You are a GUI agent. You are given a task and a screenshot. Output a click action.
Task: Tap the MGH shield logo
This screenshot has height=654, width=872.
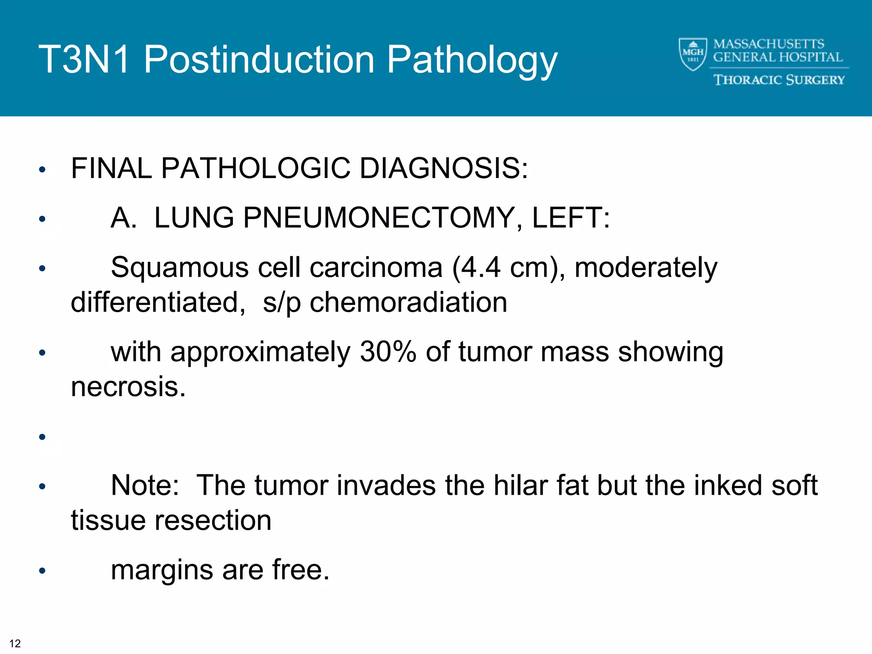(693, 54)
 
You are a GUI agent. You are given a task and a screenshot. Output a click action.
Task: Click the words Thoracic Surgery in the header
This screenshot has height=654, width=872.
(779, 80)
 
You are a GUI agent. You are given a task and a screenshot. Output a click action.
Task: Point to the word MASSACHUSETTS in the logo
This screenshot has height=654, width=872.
(769, 44)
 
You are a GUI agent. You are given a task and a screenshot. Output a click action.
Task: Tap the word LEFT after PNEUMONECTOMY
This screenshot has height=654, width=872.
(571, 218)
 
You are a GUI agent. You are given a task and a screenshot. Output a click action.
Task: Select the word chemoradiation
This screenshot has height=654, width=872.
(408, 302)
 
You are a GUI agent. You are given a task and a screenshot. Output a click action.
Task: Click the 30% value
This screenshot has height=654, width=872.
(388, 352)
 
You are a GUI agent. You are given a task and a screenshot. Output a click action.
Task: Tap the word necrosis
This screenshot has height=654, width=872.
(128, 387)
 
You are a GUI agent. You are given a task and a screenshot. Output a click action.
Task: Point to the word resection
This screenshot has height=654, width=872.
(213, 520)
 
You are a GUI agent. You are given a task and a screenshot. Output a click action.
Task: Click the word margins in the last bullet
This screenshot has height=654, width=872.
(162, 570)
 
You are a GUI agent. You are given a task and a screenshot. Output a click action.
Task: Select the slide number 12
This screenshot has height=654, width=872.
(15, 643)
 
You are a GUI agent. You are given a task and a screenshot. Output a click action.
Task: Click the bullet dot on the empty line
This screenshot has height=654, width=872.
(42, 437)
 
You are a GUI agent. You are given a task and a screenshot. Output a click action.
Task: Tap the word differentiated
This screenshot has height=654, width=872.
(158, 302)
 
